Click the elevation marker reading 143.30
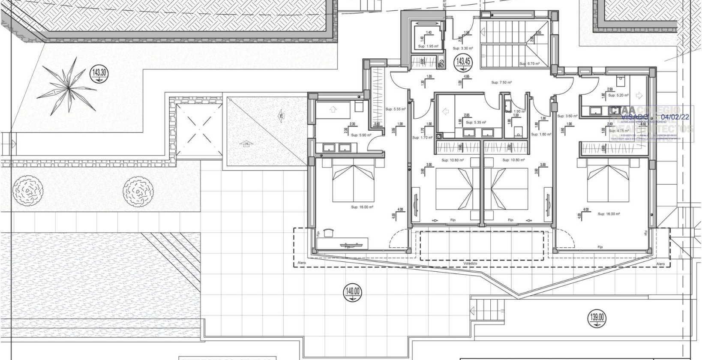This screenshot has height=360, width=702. [x=99, y=74]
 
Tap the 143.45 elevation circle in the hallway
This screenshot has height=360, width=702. [x=463, y=62]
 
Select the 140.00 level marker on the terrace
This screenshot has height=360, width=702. [x=353, y=292]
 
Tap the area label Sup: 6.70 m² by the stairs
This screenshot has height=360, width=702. [x=529, y=64]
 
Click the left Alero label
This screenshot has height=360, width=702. [x=302, y=263]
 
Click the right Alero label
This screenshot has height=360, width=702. [x=661, y=264]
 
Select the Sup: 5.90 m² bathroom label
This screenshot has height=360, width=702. [x=361, y=135]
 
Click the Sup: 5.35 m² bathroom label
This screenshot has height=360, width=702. [x=476, y=123]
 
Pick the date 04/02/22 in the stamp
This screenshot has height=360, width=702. [x=675, y=117]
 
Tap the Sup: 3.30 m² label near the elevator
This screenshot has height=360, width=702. [x=463, y=49]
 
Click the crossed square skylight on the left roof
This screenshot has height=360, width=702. [x=197, y=128]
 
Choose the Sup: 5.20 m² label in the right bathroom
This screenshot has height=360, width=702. [x=618, y=96]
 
